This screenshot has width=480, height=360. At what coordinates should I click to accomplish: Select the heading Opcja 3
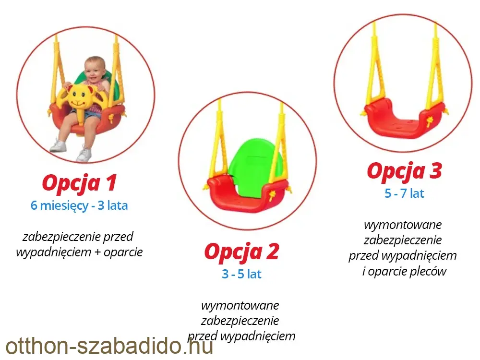pos(404,171)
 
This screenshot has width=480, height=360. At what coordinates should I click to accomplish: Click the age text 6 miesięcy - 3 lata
pos(79,205)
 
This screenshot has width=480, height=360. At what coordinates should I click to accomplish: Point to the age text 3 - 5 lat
pos(241,274)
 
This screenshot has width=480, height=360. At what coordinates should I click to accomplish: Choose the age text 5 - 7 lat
pos(404,193)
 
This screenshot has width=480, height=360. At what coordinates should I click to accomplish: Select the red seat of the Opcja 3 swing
pos(405,120)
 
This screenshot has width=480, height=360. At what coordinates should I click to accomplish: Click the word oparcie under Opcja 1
pos(123,252)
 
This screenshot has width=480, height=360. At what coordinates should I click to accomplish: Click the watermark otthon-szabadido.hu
pos(109,346)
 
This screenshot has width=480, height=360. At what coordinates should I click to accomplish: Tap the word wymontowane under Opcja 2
pos(240,305)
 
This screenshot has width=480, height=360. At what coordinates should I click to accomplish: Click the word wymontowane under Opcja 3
pos(403,225)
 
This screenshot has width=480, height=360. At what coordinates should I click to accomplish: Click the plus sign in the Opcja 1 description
pos(97,252)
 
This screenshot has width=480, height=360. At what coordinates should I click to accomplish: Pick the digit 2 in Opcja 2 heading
pos(273,252)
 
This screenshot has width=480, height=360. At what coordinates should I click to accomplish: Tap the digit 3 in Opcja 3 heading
pos(436,171)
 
